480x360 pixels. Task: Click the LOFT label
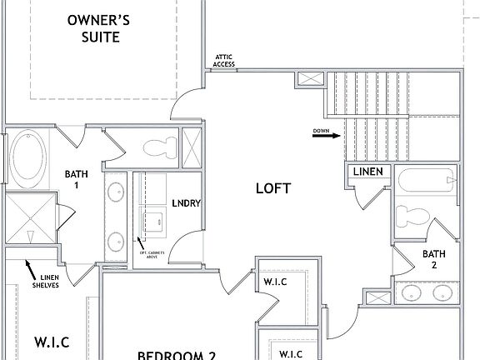pos(272,188)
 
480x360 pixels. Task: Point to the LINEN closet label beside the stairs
pos(367,172)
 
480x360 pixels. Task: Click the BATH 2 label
pos(433,259)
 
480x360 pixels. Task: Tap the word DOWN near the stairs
pos(322,131)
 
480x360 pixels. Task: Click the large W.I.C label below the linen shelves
pos(51,342)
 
